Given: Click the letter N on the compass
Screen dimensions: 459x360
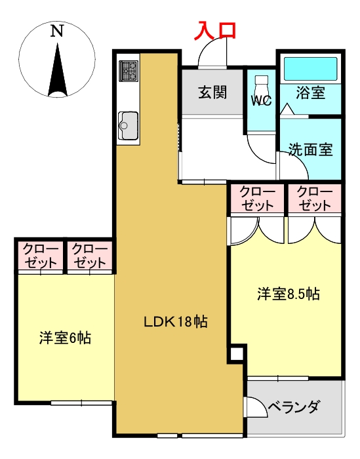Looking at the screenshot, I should tap(58, 30).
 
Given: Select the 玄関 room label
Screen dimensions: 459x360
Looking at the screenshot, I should tap(212, 92).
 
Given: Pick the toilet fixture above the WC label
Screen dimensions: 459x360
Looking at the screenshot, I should tap(262, 85).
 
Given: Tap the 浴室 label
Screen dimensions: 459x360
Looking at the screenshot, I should tap(310, 93).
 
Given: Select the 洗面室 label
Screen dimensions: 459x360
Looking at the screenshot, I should tap(310, 150).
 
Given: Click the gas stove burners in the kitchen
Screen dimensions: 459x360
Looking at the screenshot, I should tap(128, 70).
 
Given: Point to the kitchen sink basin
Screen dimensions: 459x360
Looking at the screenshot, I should tap(128, 123).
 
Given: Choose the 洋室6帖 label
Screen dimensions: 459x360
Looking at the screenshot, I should tap(64, 338).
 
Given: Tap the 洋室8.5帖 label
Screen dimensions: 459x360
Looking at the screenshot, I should tap(288, 294).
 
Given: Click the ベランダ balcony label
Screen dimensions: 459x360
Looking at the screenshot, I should tap(294, 407).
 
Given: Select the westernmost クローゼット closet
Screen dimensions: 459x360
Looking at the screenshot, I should tap(41, 256).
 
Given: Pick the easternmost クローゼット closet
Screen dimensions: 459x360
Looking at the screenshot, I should tap(315, 198).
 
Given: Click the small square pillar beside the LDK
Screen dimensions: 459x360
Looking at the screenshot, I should tap(236, 355).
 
